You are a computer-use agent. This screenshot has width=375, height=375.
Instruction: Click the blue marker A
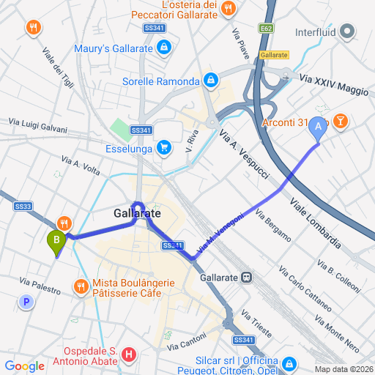[317, 127]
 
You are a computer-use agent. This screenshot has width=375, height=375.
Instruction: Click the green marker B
[55, 240]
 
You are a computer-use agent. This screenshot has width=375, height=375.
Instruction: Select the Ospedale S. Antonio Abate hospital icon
[130, 355]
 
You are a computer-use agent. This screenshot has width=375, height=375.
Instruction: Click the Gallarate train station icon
[248, 278]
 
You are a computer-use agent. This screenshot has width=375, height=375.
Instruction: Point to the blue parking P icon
[27, 301]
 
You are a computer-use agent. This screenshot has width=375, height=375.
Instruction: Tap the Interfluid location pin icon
[348, 31]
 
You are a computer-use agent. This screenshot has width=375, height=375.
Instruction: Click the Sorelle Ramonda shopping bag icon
[211, 81]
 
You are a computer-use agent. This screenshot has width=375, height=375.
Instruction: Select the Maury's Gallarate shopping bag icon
[163, 48]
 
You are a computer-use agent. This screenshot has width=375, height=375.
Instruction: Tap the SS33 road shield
[23, 207]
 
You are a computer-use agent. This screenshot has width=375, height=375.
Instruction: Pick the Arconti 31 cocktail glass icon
[340, 121]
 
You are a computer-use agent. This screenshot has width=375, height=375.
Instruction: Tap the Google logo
[24, 365]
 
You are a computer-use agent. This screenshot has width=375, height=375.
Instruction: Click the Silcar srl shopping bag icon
[290, 364]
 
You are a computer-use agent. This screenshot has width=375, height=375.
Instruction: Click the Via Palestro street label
[40, 286]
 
